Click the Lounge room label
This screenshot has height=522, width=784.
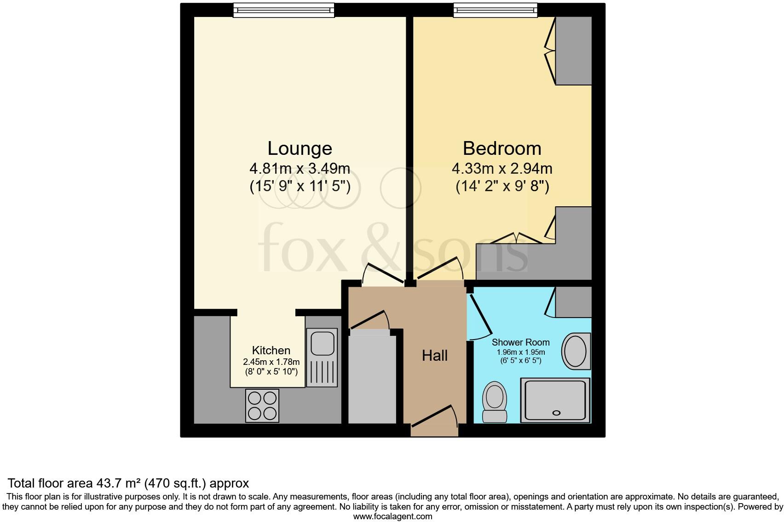(x=300, y=148)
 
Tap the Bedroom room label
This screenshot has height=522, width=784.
(x=502, y=148)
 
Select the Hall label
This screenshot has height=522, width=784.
(x=435, y=356)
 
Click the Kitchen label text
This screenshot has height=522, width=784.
(x=271, y=351)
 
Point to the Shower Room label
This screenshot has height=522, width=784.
(x=520, y=342)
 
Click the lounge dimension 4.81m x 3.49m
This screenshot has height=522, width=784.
(x=300, y=169)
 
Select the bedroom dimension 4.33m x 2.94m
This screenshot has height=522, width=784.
(x=502, y=169)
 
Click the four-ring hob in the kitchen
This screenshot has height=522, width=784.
(x=262, y=405)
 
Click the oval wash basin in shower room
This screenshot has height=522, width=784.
(x=575, y=352)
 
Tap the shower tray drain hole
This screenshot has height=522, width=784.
(x=556, y=413)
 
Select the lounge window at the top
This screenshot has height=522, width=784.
(x=283, y=10)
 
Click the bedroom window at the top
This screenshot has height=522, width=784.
(x=495, y=10)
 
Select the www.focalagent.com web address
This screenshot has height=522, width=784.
(x=392, y=516)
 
